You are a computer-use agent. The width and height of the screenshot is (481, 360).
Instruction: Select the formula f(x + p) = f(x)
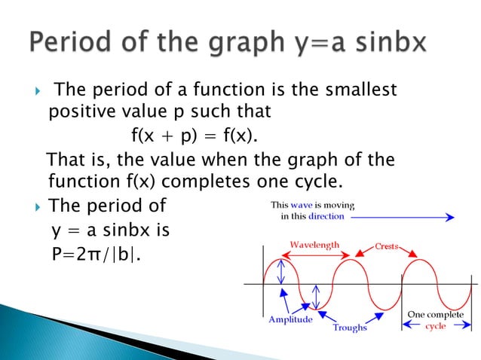tap(194, 138)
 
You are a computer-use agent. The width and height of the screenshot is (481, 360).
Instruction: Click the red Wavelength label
tap(315, 245)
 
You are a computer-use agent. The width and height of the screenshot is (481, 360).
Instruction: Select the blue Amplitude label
tap(291, 319)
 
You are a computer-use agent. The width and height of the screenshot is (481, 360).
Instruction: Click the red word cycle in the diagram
tap(435, 325)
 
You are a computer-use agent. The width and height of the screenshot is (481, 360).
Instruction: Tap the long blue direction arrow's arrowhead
tap(450, 217)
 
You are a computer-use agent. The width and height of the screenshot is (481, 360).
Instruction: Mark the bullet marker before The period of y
tap(30, 206)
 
